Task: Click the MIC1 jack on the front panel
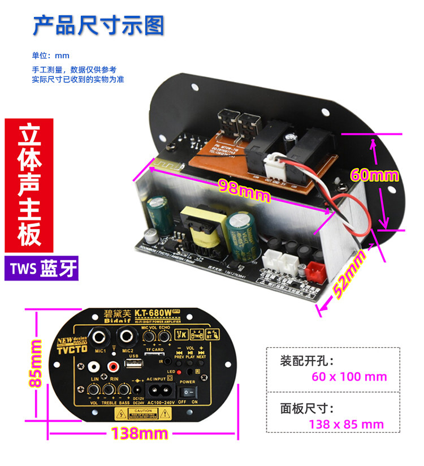point(102,338)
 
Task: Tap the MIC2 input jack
point(126,338)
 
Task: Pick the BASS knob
point(123,389)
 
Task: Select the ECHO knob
point(165,338)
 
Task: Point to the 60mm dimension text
point(374,174)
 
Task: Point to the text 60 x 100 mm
point(349,377)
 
